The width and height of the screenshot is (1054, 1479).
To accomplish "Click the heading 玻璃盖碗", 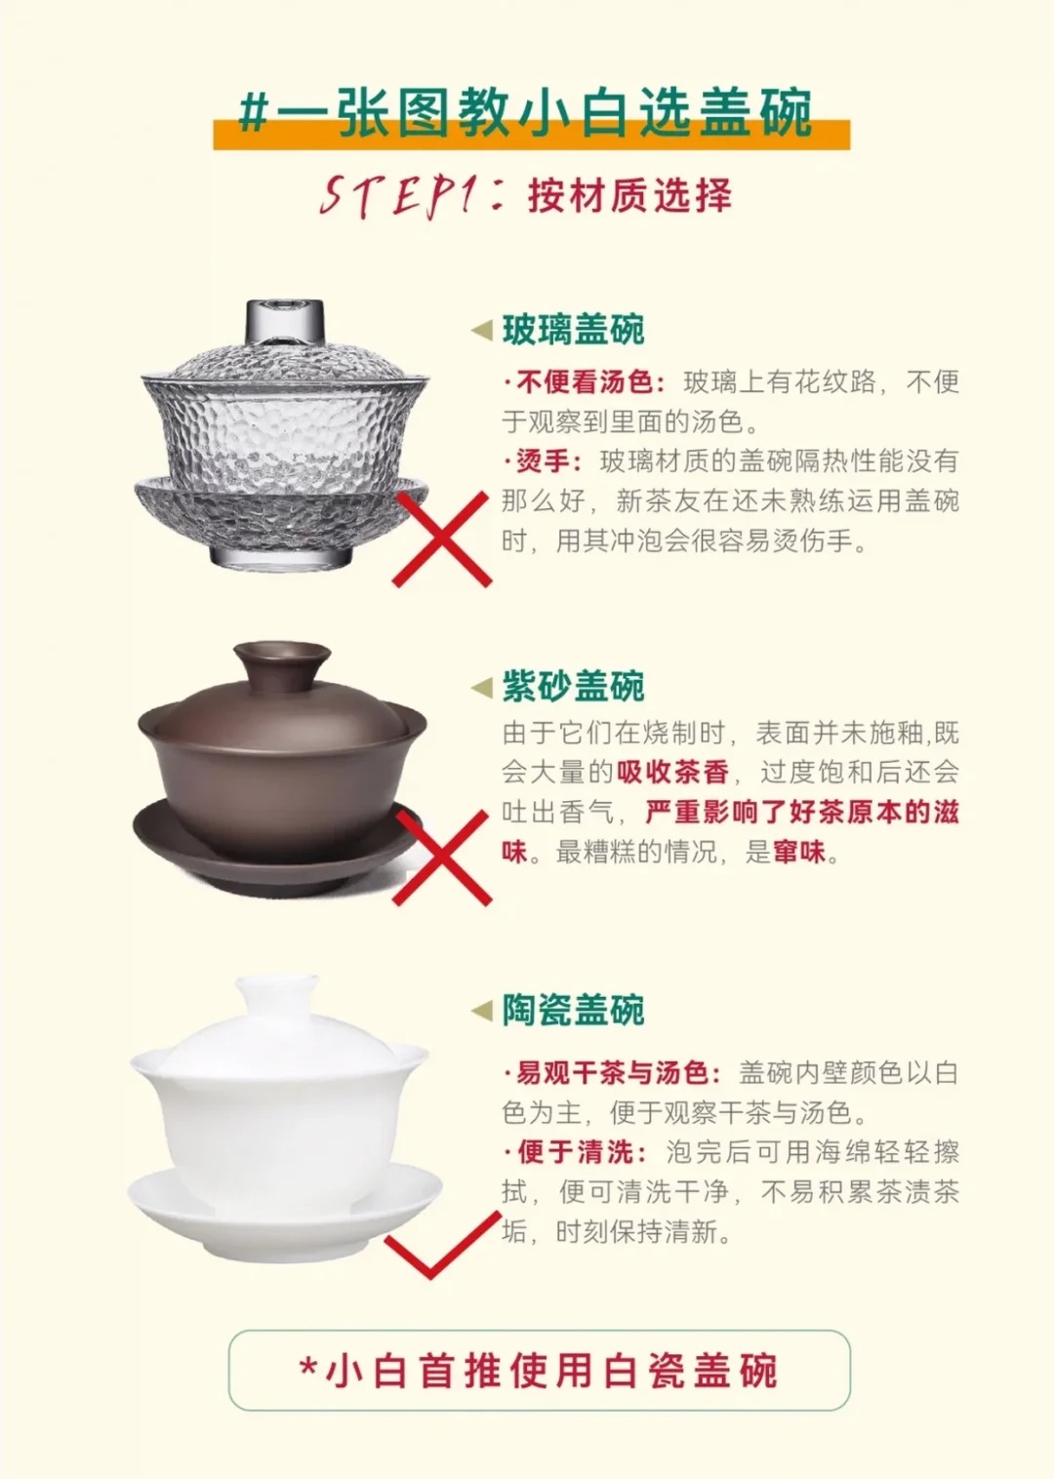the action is [x=573, y=330].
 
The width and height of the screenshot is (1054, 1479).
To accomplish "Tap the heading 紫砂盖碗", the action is [x=573, y=686].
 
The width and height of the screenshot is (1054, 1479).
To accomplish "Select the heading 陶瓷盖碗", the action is [x=573, y=1010].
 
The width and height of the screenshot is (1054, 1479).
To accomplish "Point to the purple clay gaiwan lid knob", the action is [x=282, y=663].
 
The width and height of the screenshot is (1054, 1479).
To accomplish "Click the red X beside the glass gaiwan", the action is [x=442, y=539].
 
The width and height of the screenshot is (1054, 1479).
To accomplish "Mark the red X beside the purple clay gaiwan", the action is [x=442, y=858].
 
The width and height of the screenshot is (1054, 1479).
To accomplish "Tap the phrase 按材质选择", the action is [x=629, y=195].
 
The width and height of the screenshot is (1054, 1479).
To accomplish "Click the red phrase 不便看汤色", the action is [x=586, y=382].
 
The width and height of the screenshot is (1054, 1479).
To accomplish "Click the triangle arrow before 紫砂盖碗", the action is [x=482, y=688].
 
